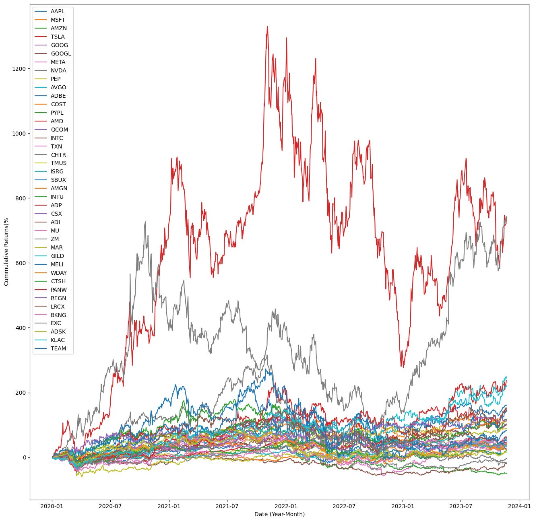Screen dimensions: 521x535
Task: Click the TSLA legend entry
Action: [58, 37]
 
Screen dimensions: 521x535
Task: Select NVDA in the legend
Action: [58, 70]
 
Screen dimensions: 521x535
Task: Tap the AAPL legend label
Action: [58, 11]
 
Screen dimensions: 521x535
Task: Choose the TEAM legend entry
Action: [58, 348]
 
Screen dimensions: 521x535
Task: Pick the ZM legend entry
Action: [55, 239]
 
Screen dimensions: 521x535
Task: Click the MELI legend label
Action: [57, 264]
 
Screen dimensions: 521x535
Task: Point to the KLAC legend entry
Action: [58, 340]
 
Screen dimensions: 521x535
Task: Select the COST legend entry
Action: [58, 104]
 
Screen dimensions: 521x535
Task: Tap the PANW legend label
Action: [59, 290]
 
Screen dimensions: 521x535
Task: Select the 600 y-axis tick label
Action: [21, 263]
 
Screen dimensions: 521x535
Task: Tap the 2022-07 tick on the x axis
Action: [344, 505]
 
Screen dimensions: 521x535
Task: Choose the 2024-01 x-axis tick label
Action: [519, 505]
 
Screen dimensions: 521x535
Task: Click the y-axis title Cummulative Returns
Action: [6, 252]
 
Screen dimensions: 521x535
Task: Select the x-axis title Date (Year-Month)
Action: [279, 514]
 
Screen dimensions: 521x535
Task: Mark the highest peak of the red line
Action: [267, 27]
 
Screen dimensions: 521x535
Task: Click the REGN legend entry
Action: [58, 298]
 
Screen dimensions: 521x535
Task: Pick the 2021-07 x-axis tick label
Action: [227, 505]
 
